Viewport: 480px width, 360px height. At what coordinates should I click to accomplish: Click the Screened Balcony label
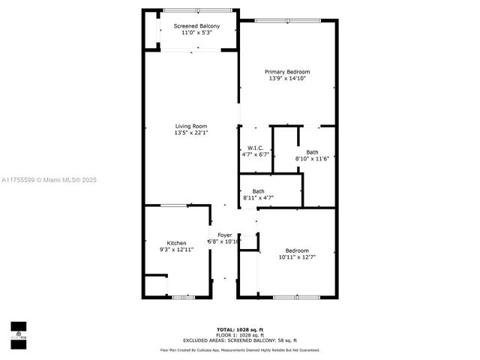(193, 26)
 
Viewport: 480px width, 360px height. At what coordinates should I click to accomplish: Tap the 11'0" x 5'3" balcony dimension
(193, 33)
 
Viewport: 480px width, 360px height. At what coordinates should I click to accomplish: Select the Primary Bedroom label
(286, 72)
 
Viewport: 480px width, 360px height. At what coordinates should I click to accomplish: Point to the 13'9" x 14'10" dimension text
(286, 79)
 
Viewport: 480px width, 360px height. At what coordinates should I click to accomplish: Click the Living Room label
(191, 126)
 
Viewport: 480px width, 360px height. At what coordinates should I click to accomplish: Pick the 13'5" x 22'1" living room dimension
(191, 133)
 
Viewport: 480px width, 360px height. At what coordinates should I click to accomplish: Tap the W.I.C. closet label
(254, 148)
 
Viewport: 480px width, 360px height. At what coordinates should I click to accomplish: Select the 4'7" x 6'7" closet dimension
(255, 154)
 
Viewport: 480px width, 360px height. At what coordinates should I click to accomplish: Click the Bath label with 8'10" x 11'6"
(312, 152)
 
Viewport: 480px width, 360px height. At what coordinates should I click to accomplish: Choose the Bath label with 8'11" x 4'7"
(258, 191)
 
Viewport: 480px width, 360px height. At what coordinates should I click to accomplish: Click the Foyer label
(224, 235)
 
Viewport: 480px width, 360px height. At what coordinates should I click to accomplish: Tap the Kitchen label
(176, 242)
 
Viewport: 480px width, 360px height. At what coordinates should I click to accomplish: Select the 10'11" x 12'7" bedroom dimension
(296, 257)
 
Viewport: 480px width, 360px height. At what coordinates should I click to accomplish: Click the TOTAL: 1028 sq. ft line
(239, 329)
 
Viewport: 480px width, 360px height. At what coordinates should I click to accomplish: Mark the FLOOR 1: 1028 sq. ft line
(239, 334)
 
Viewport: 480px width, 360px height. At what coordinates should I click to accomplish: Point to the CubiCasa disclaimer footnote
(239, 349)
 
